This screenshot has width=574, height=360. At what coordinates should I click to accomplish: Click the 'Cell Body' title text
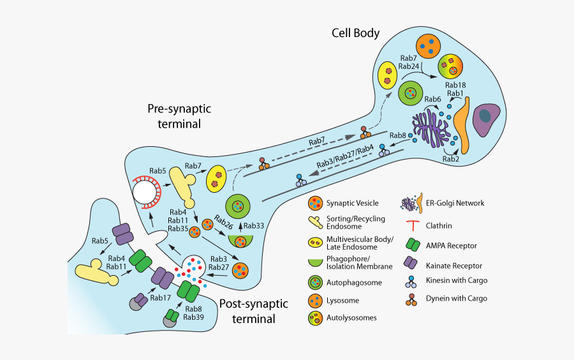[355, 33]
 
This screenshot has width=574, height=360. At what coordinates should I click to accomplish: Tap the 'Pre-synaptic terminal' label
[179, 116]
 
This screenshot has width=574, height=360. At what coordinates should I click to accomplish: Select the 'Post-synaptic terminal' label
[253, 311]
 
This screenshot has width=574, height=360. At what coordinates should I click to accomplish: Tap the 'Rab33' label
[254, 226]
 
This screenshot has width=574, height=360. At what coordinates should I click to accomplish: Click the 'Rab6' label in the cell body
[433, 99]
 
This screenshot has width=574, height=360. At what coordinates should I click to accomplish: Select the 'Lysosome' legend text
[343, 300]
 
